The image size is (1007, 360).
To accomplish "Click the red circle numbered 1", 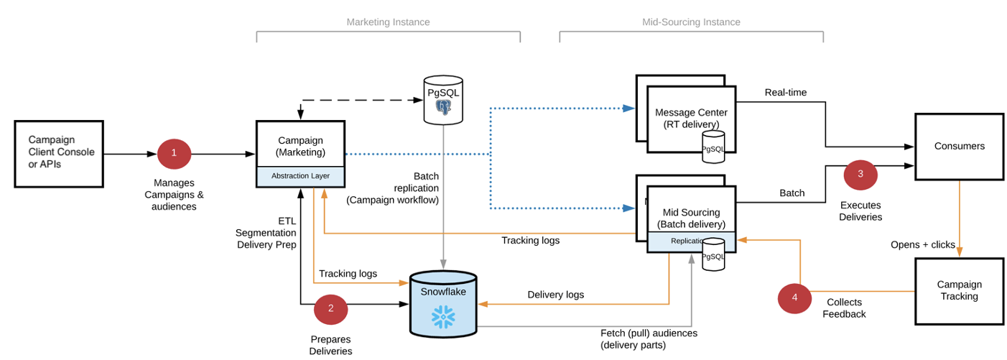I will pyautogui.click(x=174, y=153).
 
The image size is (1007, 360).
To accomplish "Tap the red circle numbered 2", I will pyautogui.click(x=330, y=309).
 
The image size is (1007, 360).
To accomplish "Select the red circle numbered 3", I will pyautogui.click(x=860, y=174).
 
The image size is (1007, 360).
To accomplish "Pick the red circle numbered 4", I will pyautogui.click(x=794, y=297).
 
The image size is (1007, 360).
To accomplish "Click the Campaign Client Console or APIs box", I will pyautogui.click(x=61, y=153).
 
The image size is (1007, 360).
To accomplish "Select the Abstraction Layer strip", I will pyautogui.click(x=301, y=176).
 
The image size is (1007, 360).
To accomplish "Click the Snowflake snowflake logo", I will pyautogui.click(x=442, y=315).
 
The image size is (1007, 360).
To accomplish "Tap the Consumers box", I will pyautogui.click(x=959, y=147).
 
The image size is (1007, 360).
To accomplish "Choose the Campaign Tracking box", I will pyautogui.click(x=959, y=290).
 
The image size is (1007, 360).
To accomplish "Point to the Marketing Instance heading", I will pyautogui.click(x=388, y=22).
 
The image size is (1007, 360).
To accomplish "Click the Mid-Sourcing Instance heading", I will pyautogui.click(x=691, y=22).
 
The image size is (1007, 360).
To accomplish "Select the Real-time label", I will pyautogui.click(x=785, y=93).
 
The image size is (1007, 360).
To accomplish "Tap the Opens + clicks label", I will pyautogui.click(x=922, y=244).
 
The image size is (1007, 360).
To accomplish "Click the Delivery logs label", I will pyautogui.click(x=555, y=295).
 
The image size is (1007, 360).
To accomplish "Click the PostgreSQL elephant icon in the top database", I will pyautogui.click(x=443, y=108).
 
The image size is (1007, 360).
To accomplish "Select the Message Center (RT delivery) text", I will pyautogui.click(x=691, y=119).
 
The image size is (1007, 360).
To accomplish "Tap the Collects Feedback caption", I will pyautogui.click(x=844, y=308).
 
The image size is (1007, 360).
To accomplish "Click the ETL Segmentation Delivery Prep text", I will pyautogui.click(x=266, y=233).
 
